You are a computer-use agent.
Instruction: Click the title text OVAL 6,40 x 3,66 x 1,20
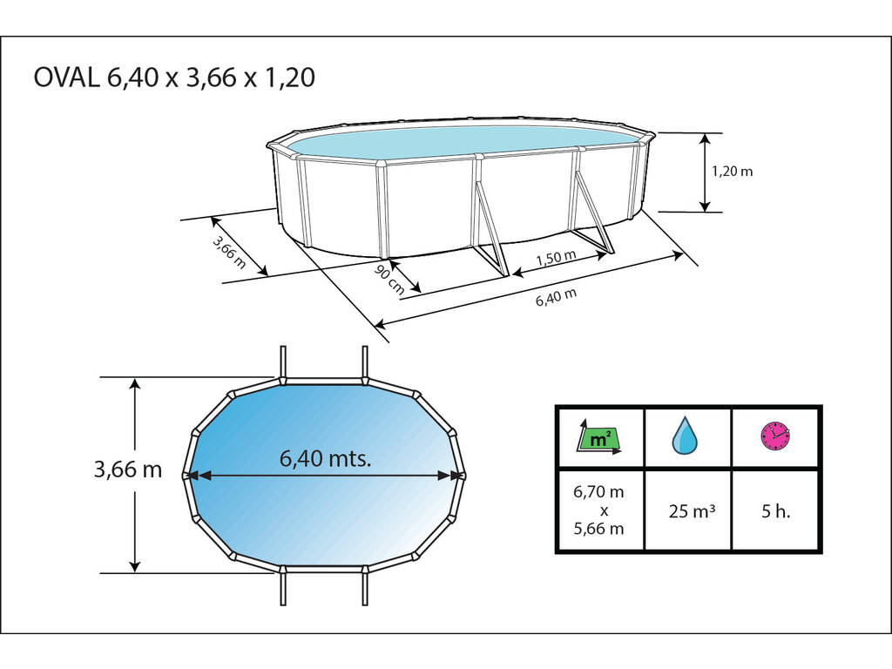click(174, 78)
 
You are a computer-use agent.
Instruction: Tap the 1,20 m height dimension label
click(732, 171)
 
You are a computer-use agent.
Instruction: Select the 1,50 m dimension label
click(556, 257)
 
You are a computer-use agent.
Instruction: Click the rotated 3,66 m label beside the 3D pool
click(229, 252)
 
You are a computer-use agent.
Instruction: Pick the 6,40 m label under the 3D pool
click(556, 297)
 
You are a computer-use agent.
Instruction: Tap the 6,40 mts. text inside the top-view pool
click(326, 458)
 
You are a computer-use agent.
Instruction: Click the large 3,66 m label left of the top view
click(128, 470)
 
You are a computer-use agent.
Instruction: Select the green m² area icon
click(599, 437)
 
